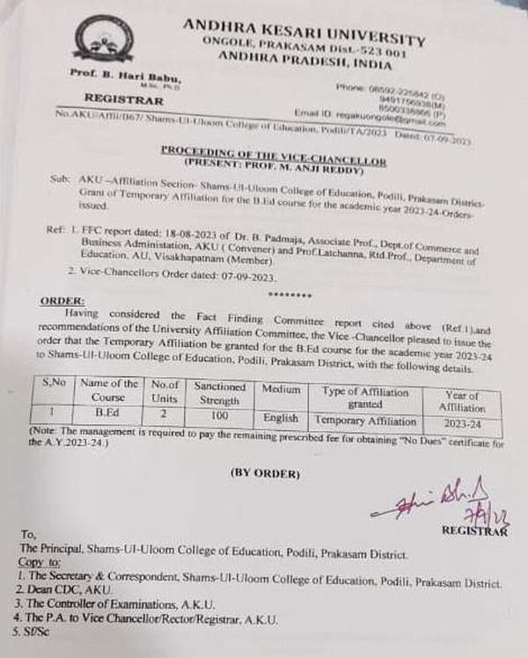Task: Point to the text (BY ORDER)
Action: point(266,473)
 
